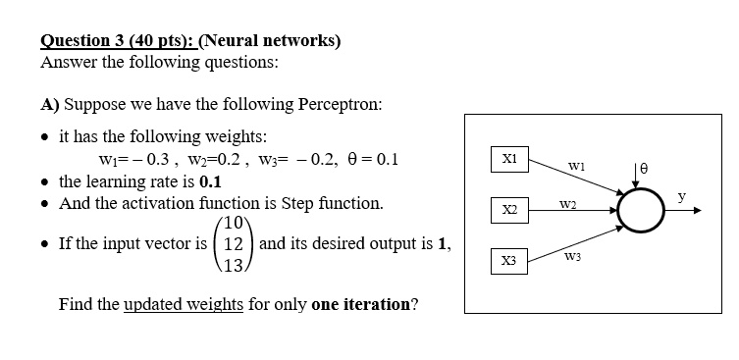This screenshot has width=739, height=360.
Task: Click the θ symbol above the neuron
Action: pyautogui.click(x=645, y=170)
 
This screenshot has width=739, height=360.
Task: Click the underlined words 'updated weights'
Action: pyautogui.click(x=184, y=303)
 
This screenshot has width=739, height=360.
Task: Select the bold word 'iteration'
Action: pyautogui.click(x=359, y=303)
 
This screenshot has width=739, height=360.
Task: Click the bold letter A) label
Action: pyautogui.click(x=50, y=103)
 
